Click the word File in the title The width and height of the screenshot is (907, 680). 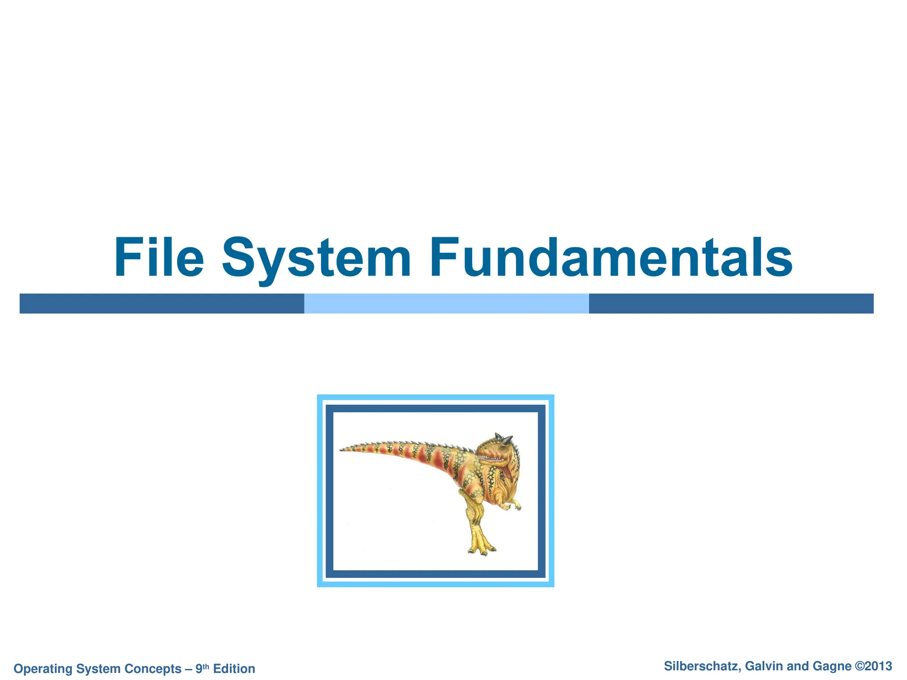coord(159,258)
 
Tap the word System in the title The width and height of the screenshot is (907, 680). coord(316,258)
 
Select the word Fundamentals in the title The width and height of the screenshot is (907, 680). coord(611,258)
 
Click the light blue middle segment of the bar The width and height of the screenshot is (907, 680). coord(446,304)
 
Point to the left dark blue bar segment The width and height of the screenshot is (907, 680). coord(162,304)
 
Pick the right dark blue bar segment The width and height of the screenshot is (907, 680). coord(731,304)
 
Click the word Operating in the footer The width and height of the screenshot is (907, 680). coord(43,668)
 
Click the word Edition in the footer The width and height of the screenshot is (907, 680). coord(234,668)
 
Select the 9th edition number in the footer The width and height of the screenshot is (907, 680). coord(202,668)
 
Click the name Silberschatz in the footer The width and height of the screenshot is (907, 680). coord(702,666)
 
